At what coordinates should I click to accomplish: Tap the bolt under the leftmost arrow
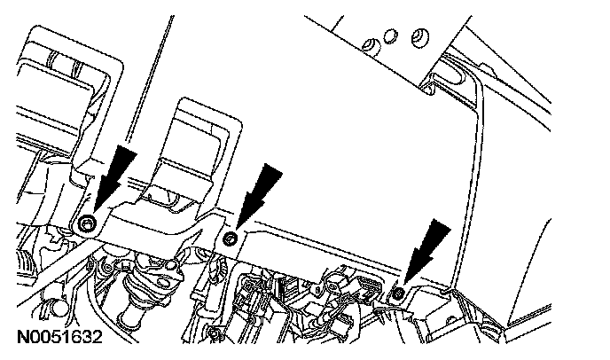pos(86,223)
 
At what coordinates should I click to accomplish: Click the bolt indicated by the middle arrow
pos(230,238)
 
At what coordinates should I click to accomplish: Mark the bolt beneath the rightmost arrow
pos(399,292)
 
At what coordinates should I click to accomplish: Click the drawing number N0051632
pos(58,339)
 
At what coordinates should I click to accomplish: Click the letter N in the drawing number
pos(20,339)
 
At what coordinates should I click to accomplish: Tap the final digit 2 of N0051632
pos(95,339)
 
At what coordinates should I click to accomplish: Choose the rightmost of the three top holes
pos(418,35)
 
